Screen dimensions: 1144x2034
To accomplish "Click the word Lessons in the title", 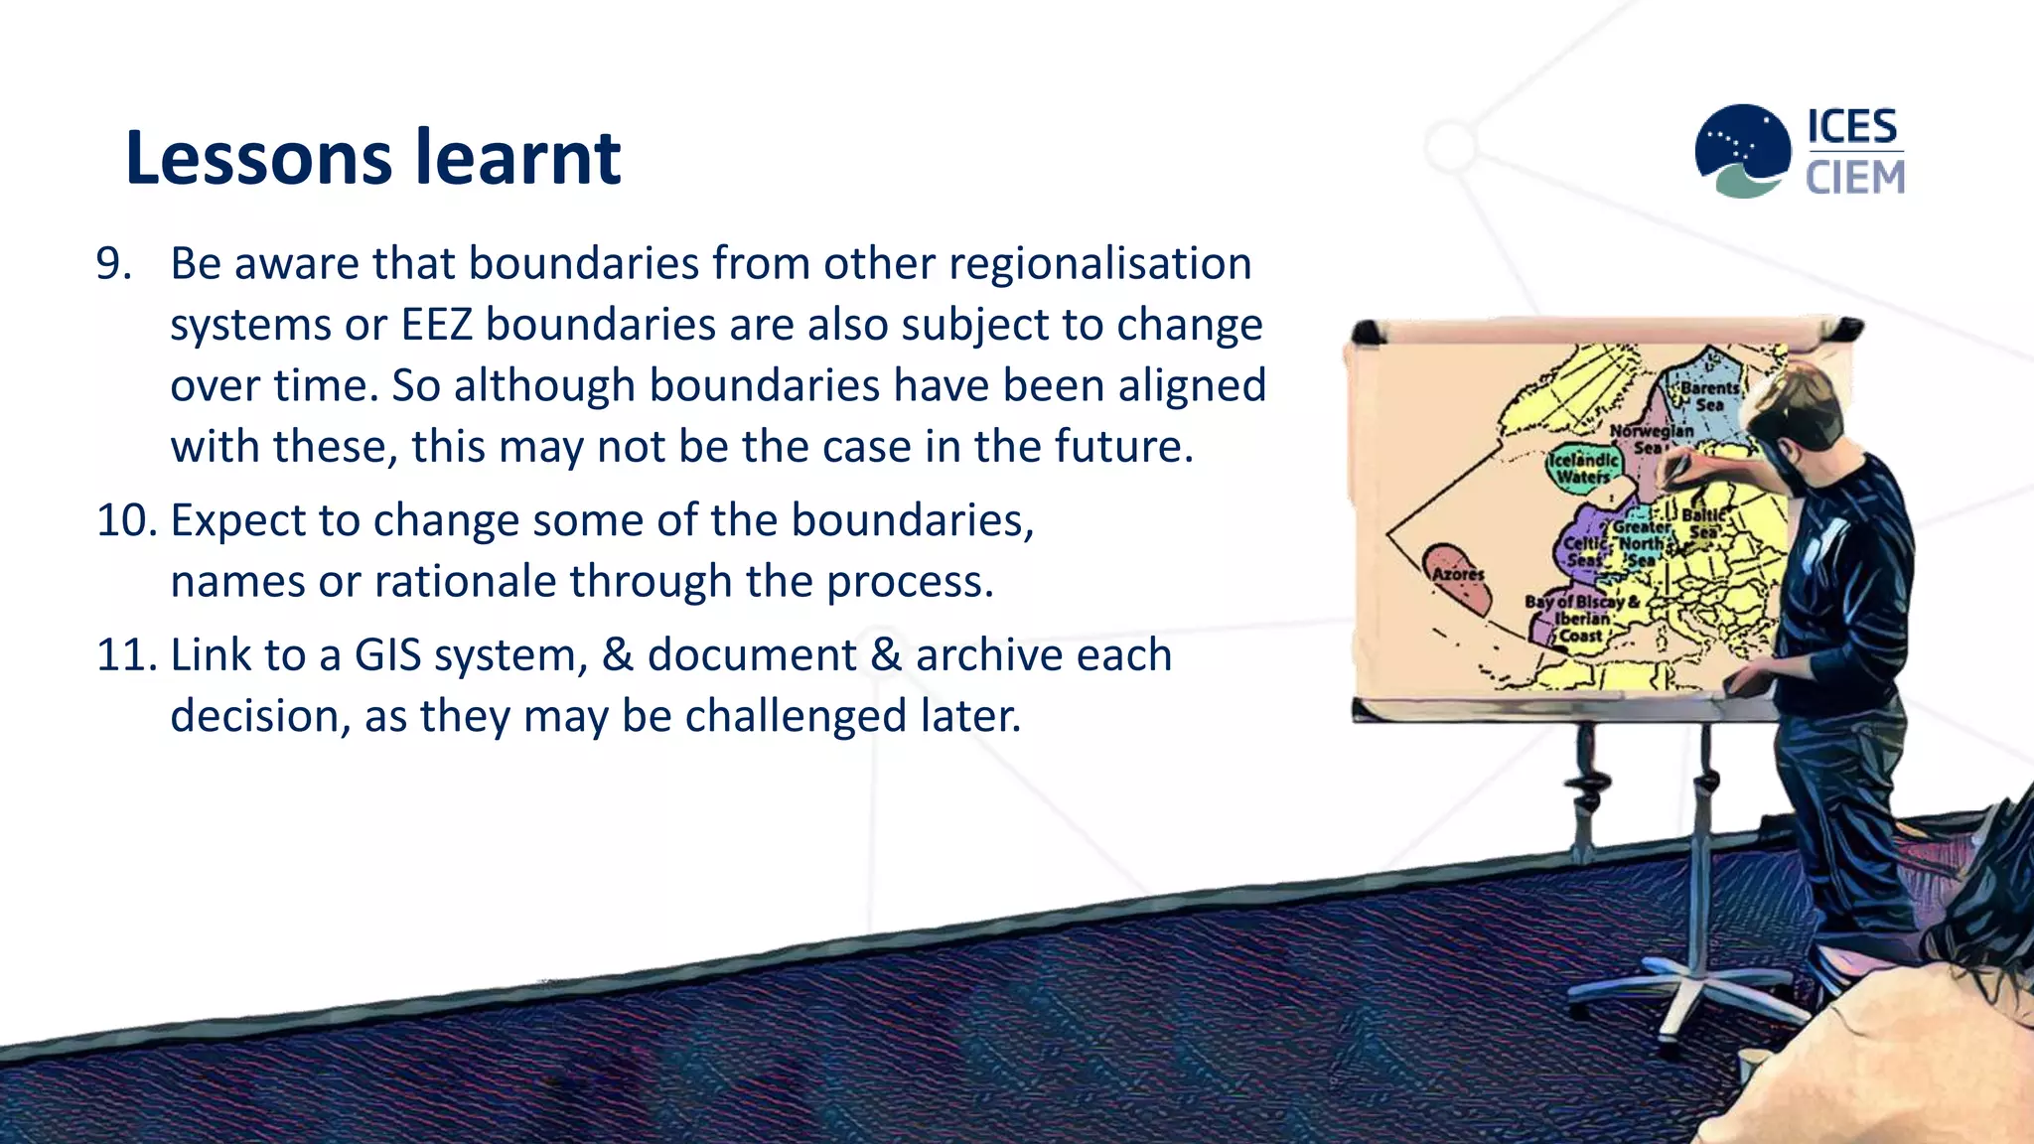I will [x=259, y=158].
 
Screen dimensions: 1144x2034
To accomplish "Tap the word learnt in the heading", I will [x=517, y=158].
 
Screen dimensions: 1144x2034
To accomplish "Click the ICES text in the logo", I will [x=1851, y=127].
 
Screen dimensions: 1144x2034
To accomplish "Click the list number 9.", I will [x=112, y=264].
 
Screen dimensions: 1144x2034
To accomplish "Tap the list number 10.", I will [x=125, y=520].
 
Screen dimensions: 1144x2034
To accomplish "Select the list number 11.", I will [x=125, y=655].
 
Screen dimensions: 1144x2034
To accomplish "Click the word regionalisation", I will [x=1099, y=264].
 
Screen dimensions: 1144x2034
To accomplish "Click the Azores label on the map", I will [x=1458, y=574].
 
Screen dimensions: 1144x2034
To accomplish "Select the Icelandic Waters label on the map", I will [x=1583, y=468].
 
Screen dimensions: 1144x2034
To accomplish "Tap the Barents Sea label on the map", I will [x=1709, y=396].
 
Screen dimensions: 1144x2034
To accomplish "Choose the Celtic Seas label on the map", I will [x=1584, y=552].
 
